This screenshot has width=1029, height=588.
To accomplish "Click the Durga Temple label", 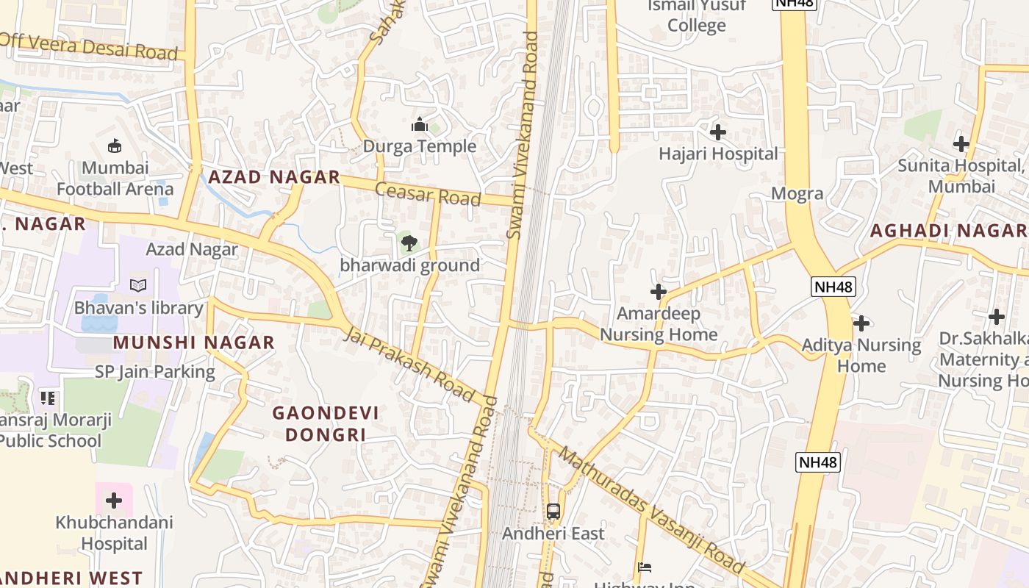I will [420, 146].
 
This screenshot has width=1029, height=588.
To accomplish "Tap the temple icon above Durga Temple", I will [420, 124].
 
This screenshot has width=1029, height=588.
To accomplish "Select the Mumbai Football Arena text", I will [115, 179].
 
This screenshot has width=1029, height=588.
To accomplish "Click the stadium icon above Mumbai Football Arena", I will [115, 146].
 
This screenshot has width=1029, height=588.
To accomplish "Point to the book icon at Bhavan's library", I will [137, 285].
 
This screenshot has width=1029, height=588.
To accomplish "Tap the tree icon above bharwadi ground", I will [409, 243].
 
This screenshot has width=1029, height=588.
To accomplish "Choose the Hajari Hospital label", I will [718, 154].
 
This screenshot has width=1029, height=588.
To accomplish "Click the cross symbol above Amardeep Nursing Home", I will [658, 292].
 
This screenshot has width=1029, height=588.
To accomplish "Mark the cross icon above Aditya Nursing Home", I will [861, 323].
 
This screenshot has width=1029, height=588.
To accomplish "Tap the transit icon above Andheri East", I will [553, 511].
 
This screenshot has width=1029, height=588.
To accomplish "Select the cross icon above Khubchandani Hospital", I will [114, 501].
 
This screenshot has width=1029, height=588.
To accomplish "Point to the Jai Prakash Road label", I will [409, 365].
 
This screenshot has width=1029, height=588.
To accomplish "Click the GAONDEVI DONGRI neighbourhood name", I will [326, 423].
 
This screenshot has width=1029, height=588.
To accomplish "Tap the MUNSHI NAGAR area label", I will [194, 343].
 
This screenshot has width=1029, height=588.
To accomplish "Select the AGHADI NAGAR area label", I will [948, 231].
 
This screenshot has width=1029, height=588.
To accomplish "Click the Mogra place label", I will [797, 194].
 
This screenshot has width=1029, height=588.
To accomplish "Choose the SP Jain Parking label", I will [154, 372].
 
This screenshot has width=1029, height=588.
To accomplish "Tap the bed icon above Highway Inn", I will [645, 567].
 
